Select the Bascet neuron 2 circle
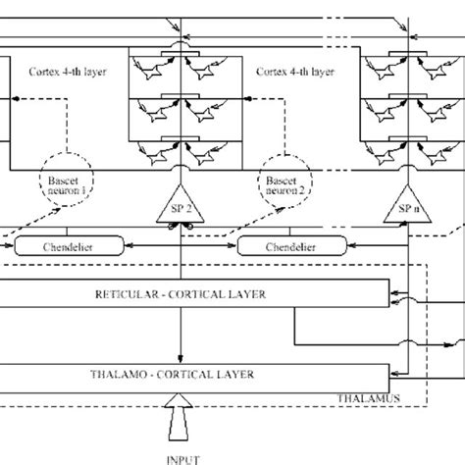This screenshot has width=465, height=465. point(282,185)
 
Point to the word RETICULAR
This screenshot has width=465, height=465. point(129,294)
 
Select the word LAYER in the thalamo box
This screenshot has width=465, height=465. point(236,375)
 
